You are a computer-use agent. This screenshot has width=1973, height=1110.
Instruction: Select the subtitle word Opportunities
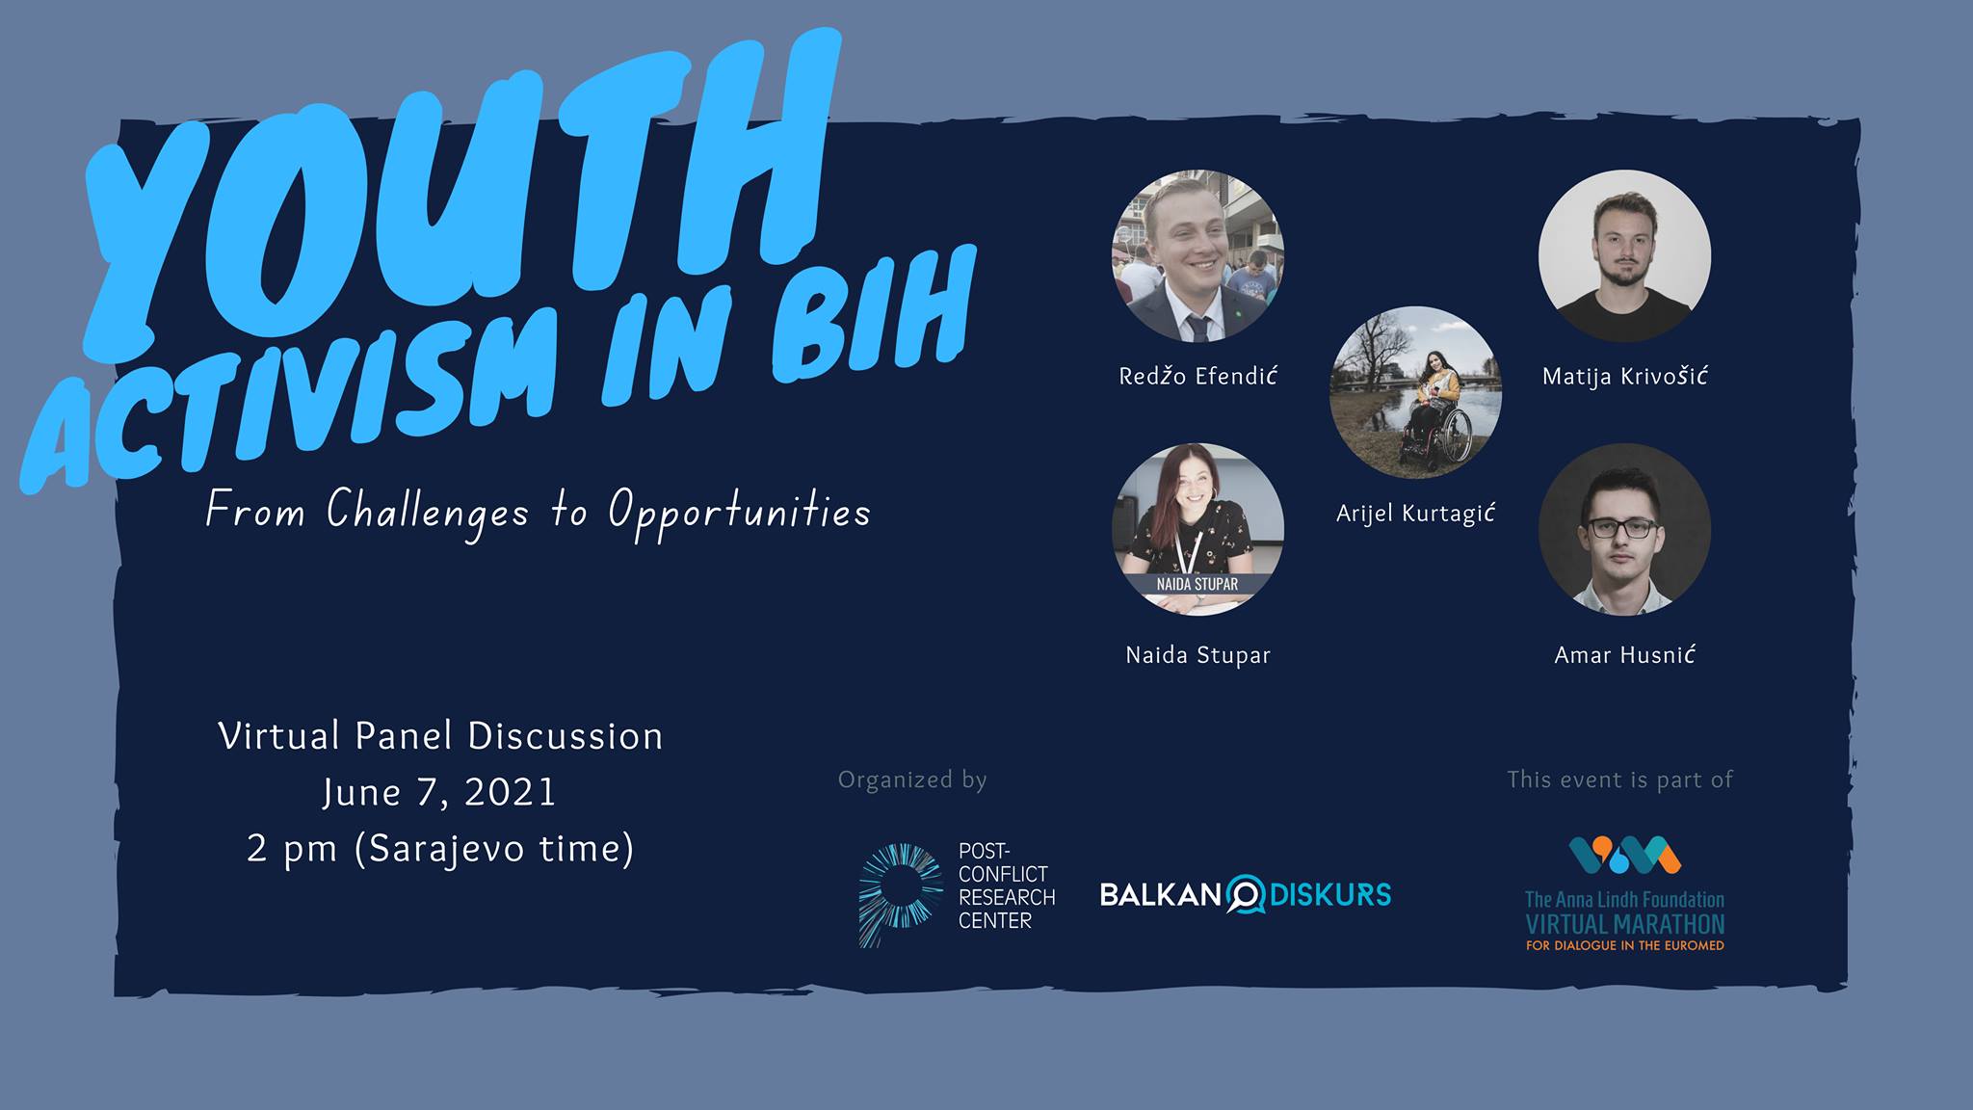[740, 512]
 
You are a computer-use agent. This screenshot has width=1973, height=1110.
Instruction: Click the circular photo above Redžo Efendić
[1197, 255]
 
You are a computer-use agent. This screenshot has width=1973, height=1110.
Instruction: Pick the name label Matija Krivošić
[1624, 376]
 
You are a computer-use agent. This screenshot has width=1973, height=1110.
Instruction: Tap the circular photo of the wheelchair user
[1415, 392]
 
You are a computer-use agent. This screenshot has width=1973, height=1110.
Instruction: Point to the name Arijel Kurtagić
[1415, 514]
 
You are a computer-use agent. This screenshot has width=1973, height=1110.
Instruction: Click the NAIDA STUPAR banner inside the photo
[1197, 584]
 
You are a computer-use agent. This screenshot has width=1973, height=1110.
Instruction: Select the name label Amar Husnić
[1624, 655]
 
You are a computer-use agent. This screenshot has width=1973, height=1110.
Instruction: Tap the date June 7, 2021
[439, 792]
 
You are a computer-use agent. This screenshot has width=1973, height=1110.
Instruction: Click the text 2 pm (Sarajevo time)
[440, 848]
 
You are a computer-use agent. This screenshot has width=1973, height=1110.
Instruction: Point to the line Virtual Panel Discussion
[440, 736]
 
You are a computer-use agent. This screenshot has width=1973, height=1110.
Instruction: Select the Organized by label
[912, 780]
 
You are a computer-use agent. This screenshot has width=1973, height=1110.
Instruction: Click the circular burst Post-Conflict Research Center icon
[899, 894]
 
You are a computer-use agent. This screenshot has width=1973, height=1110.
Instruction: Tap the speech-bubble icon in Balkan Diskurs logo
[1245, 894]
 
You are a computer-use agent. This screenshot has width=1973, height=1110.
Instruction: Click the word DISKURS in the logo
[1330, 894]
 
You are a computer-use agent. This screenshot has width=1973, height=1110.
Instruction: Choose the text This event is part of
[1619, 780]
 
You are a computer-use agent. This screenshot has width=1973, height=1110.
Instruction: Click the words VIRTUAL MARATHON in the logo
[1624, 925]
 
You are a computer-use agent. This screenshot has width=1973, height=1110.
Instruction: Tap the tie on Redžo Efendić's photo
[1197, 329]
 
